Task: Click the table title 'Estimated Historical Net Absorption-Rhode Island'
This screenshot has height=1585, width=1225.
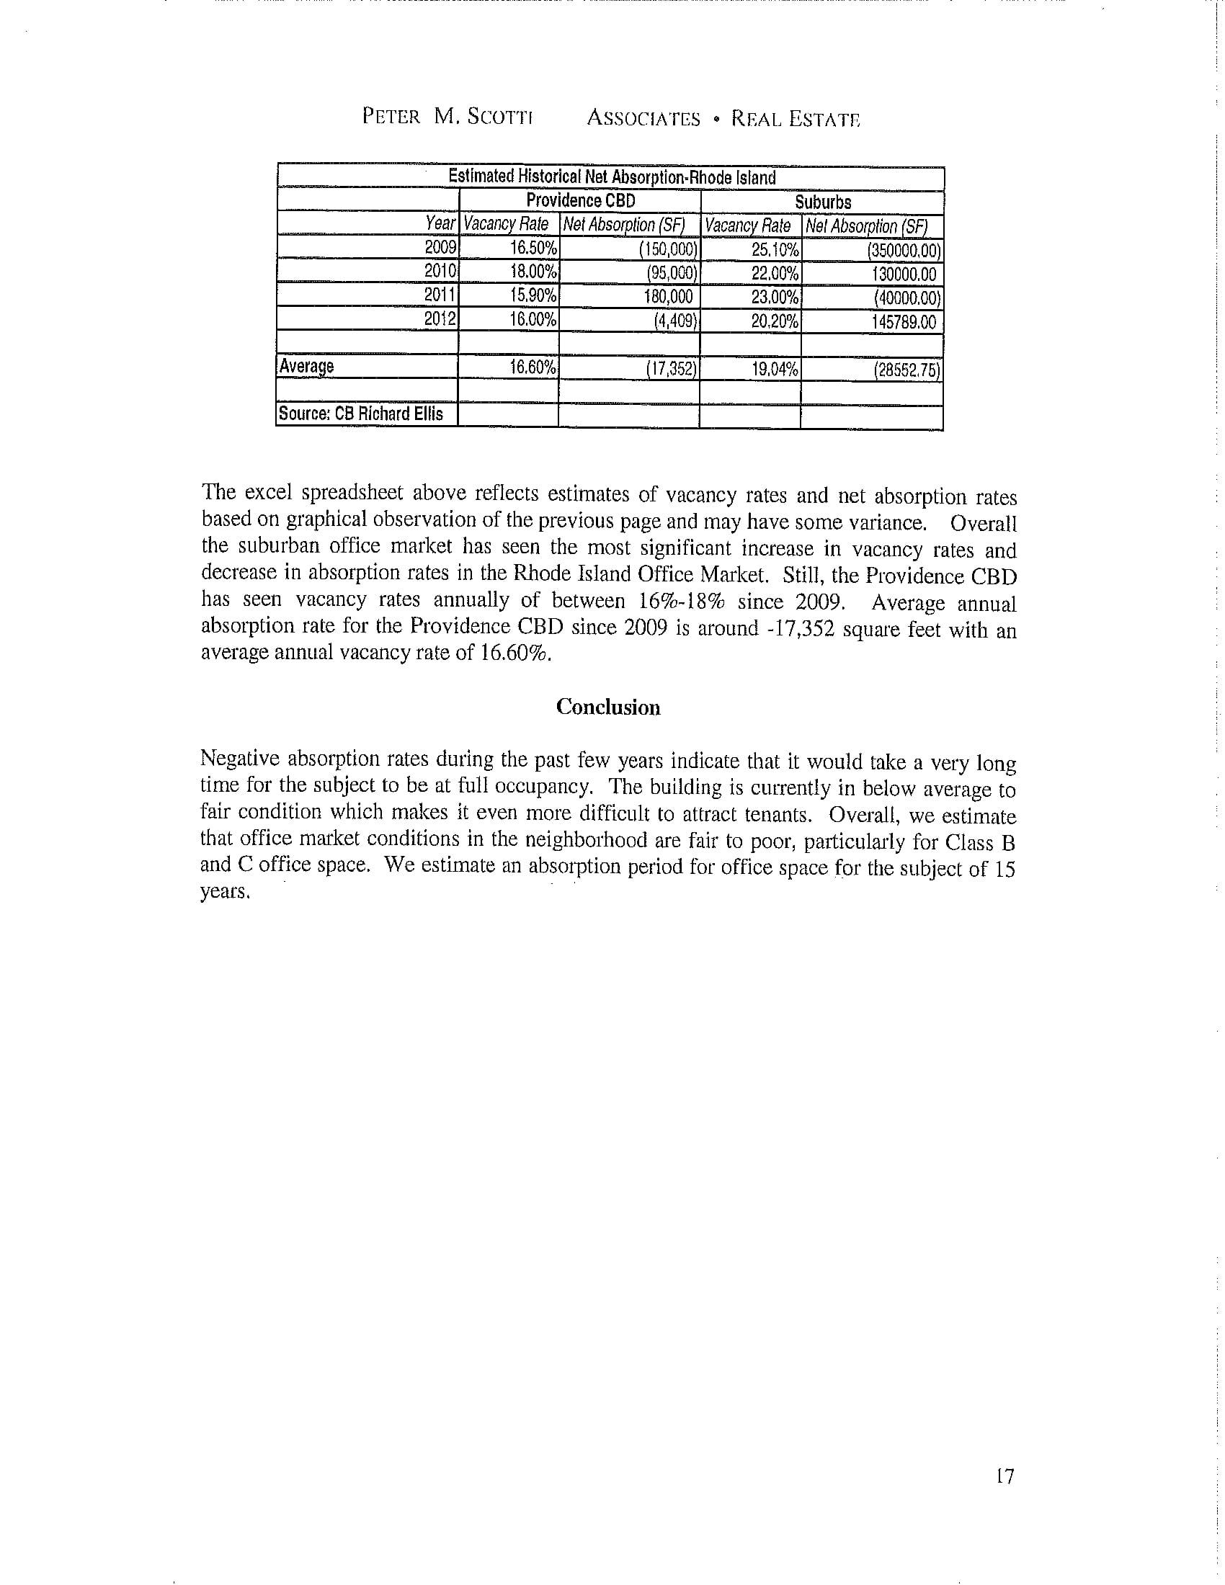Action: coord(611,177)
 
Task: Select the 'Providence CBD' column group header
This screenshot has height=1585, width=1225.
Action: coord(580,200)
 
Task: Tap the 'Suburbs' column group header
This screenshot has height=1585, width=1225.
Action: coord(822,202)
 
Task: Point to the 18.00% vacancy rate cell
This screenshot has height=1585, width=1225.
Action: coord(533,272)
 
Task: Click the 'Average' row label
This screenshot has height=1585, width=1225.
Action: coord(306,367)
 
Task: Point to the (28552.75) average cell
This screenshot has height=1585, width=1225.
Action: coord(906,371)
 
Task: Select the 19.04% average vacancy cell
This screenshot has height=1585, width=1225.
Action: coord(775,370)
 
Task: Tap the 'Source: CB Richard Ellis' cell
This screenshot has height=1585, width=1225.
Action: coord(361,414)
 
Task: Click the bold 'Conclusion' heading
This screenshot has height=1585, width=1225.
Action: coord(608,707)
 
